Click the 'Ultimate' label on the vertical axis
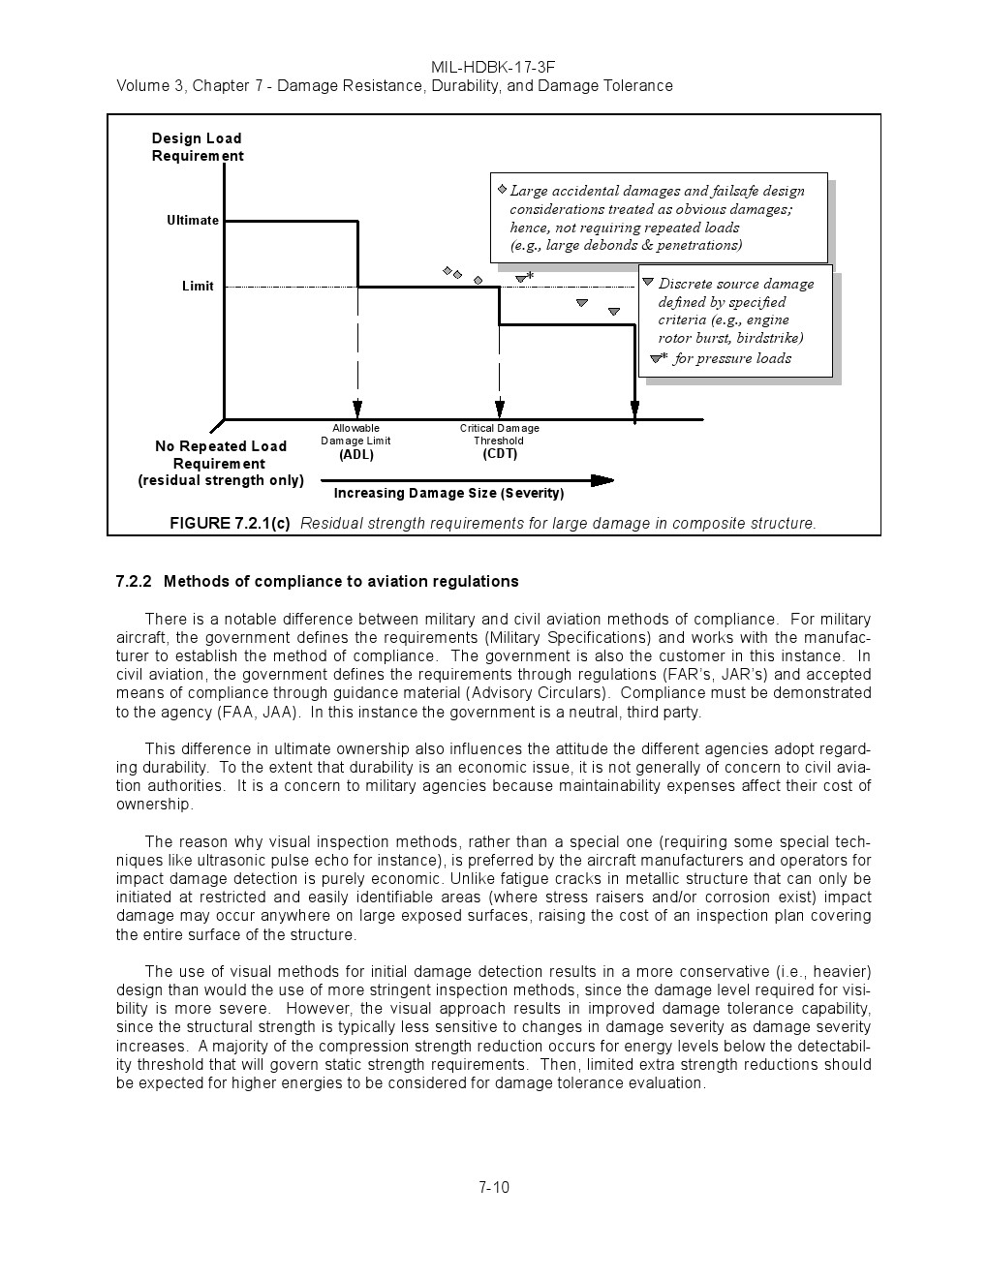click(x=193, y=221)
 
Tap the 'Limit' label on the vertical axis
click(x=198, y=287)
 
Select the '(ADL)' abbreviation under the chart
click(x=356, y=455)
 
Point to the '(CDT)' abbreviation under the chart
click(x=500, y=454)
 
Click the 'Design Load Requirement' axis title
click(x=197, y=147)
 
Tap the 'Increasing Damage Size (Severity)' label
click(x=448, y=494)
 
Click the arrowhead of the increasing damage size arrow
click(x=602, y=480)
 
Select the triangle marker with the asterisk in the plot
click(x=521, y=279)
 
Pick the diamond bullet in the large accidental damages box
click(x=502, y=189)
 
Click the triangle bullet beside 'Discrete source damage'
click(x=649, y=282)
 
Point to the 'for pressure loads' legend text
click(x=732, y=359)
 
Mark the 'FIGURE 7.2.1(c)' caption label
click(x=230, y=524)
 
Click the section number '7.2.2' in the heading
click(x=134, y=582)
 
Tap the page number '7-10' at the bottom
click(x=494, y=1188)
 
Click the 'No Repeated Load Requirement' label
click(x=221, y=455)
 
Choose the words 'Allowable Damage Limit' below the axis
click(x=355, y=435)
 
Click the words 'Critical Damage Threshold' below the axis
click(x=500, y=435)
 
